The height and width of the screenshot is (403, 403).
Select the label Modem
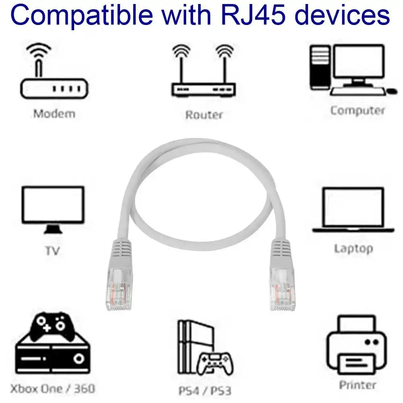pyautogui.click(x=54, y=114)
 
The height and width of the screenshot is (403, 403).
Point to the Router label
pyautogui.click(x=204, y=115)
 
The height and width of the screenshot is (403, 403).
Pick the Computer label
pyautogui.click(x=357, y=110)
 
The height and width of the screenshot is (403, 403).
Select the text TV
pyautogui.click(x=52, y=251)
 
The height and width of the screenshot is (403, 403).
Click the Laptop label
pyautogui.click(x=353, y=248)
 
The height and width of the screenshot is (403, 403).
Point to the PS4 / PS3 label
pyautogui.click(x=204, y=391)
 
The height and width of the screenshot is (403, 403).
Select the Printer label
pyautogui.click(x=357, y=385)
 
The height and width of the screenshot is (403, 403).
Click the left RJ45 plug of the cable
pyautogui.click(x=119, y=282)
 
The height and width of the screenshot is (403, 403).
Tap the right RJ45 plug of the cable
pyautogui.click(x=281, y=282)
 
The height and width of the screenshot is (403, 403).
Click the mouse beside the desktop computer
pyautogui.click(x=391, y=91)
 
